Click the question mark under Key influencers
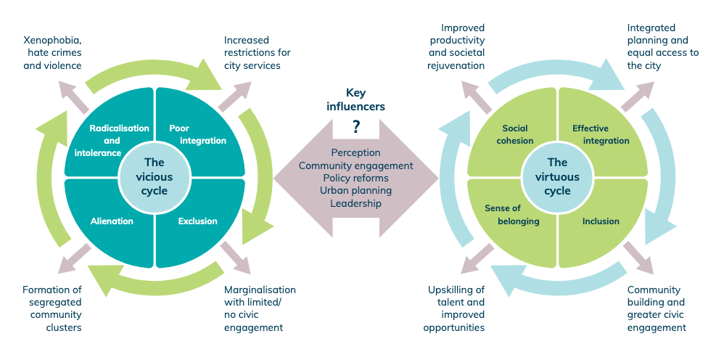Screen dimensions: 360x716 [356, 127]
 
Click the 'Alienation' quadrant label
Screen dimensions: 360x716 [112, 221]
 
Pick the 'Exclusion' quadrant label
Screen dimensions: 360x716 [197, 221]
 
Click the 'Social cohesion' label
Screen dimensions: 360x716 [517, 134]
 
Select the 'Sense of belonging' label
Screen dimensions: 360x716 [511, 215]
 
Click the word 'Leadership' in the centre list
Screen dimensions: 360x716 [355, 203]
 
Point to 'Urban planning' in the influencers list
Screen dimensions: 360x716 [355, 191]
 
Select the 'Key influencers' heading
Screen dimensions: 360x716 [355, 99]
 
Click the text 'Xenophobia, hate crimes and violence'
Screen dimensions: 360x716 [52, 53]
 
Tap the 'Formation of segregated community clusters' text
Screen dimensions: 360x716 [52, 308]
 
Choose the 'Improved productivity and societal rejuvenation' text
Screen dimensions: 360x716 [455, 53]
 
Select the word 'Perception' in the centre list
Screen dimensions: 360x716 [355, 153]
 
